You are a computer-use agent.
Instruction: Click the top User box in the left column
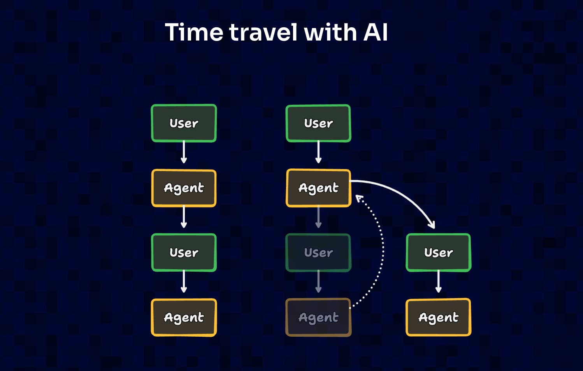[184, 123]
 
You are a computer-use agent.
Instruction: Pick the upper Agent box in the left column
[184, 188]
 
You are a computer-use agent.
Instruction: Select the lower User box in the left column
[184, 253]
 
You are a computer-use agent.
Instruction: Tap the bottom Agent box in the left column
[184, 317]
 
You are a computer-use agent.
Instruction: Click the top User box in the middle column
[318, 123]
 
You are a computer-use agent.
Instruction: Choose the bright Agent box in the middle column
[318, 188]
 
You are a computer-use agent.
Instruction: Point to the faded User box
[318, 253]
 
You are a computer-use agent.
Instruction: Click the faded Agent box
[318, 317]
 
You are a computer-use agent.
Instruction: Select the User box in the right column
[438, 253]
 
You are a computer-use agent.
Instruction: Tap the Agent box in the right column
[438, 317]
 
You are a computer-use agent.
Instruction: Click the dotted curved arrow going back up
[382, 253]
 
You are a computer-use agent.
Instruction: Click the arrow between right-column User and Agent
[438, 281]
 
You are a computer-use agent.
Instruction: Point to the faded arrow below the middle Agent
[318, 217]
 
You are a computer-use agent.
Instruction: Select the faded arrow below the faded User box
[318, 281]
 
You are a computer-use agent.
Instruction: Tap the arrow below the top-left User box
[184, 152]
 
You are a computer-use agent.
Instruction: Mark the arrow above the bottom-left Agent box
[184, 281]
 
